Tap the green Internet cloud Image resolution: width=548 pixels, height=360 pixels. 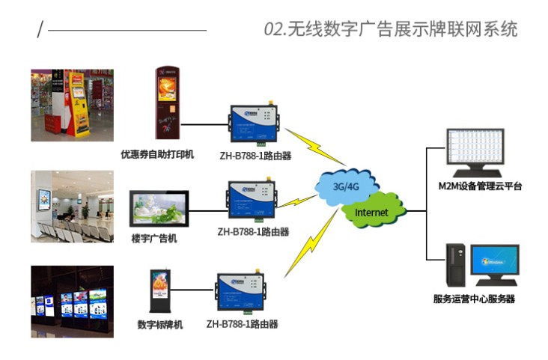(x=372, y=212)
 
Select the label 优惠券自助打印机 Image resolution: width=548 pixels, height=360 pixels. (x=157, y=155)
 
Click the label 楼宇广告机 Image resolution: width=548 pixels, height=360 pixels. (x=154, y=239)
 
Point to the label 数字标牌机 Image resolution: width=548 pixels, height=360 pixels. (x=160, y=325)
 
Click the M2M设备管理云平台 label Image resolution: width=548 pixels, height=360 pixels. (x=480, y=186)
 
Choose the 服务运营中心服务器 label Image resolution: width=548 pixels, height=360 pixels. (x=474, y=299)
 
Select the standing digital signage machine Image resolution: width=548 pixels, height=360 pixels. (x=160, y=290)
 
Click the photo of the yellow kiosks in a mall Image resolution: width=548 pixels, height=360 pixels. (x=72, y=105)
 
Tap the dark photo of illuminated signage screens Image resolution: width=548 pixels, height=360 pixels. (x=72, y=300)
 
